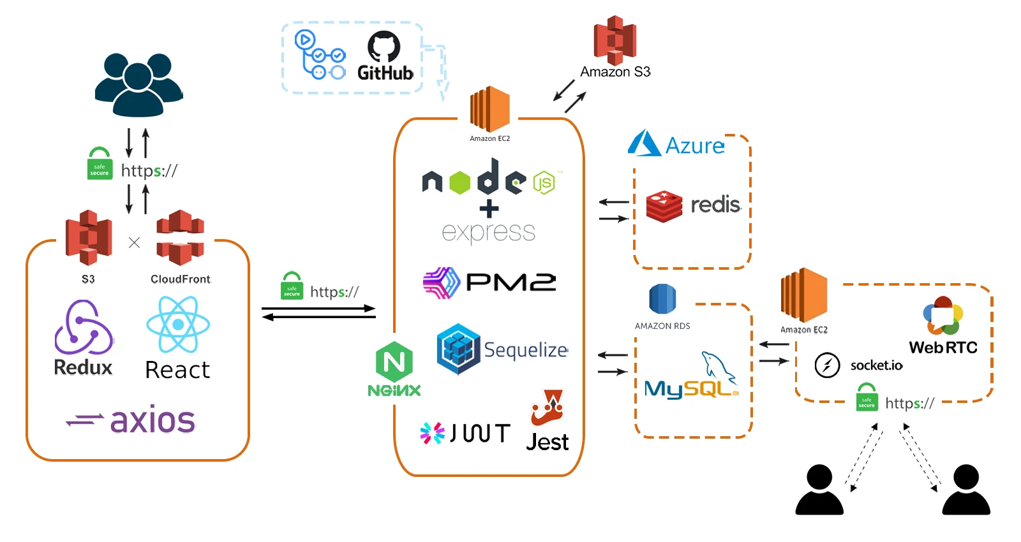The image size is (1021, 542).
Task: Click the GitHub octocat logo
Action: coord(384,47)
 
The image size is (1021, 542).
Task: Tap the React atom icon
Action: coord(178,325)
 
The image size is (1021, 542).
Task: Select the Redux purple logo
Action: coord(84,328)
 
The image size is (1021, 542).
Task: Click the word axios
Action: coord(153,420)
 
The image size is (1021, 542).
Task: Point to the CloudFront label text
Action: coord(180,279)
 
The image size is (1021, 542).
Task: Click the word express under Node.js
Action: coord(489,232)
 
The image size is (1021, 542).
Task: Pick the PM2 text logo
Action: coord(511,282)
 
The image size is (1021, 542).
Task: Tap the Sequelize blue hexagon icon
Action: coord(458,349)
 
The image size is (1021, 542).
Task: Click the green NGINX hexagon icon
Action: coord(394,362)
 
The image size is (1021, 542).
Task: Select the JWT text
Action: coord(480,434)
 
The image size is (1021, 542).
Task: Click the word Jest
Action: coord(548,443)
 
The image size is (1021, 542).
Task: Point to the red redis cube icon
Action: coord(664,206)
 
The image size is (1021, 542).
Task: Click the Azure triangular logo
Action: coord(644,143)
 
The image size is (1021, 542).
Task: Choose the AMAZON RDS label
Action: coord(662,326)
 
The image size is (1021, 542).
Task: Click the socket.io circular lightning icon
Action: coord(827,365)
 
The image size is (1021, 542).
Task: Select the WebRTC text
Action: coord(943,348)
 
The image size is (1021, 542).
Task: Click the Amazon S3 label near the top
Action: coord(615,72)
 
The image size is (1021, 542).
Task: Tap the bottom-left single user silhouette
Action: coord(819,490)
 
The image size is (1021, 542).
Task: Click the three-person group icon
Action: coord(138,84)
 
